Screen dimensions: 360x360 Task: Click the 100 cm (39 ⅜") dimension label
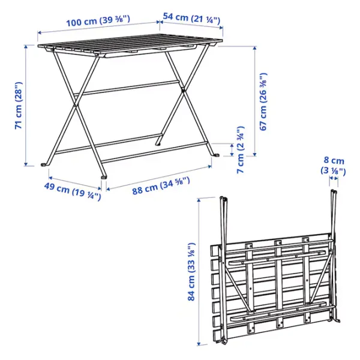point(98,20)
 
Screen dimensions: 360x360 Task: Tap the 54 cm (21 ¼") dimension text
point(191,19)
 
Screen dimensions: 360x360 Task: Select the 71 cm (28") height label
point(19,105)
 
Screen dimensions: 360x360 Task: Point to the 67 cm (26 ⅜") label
point(263,102)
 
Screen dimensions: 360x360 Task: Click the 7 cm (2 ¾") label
point(241,149)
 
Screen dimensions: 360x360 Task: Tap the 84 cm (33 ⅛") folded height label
point(191,272)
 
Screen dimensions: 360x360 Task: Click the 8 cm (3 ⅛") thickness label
point(333,166)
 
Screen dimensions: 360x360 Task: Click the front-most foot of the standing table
point(104,177)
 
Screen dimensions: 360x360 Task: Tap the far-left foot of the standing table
point(44,164)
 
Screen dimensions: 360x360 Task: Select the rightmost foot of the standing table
point(216,155)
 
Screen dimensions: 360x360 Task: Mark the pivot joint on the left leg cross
point(75,106)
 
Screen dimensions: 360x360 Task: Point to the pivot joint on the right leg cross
point(183,90)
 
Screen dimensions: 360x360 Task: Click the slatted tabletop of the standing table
point(130,45)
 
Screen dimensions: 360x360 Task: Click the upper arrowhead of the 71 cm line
point(26,47)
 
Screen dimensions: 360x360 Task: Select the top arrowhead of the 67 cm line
point(254,48)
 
